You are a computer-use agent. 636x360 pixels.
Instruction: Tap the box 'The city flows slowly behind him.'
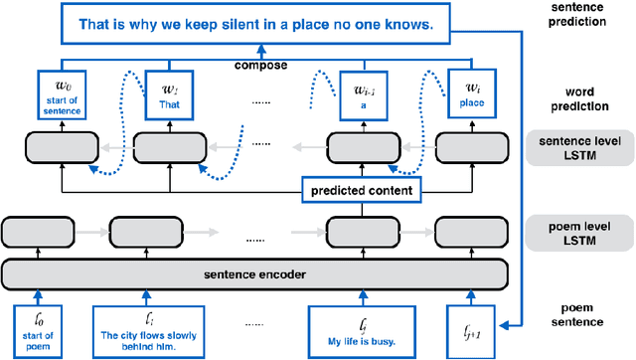149,329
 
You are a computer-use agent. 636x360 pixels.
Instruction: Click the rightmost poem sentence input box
478,327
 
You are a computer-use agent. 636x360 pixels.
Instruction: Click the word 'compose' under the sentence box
261,67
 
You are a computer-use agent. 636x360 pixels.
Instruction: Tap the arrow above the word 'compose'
260,53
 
